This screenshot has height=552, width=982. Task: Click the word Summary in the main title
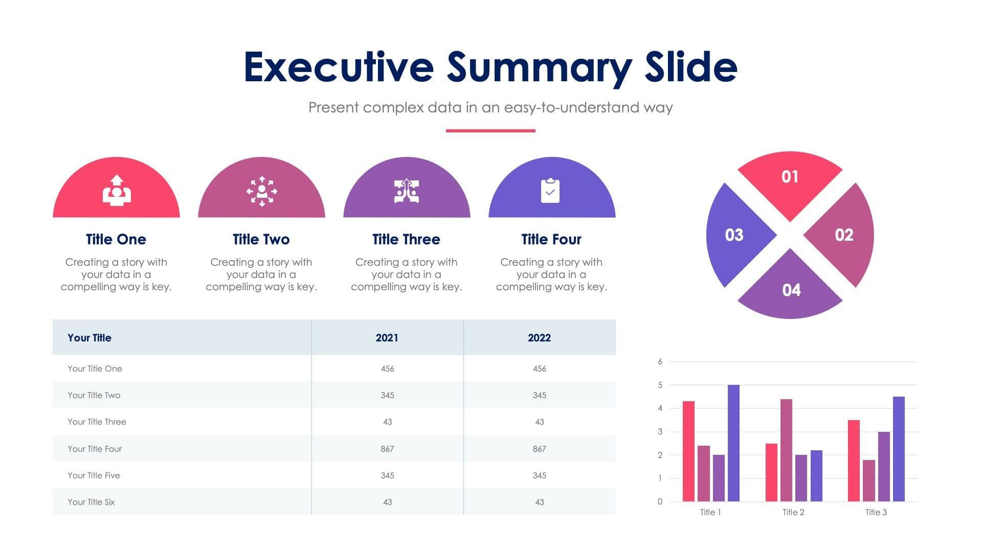540,67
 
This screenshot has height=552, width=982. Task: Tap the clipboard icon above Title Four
550,191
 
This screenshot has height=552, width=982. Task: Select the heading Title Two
261,239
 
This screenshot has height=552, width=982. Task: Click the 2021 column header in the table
387,338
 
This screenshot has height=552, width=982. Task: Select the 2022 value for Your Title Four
539,449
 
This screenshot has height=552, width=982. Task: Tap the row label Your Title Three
97,422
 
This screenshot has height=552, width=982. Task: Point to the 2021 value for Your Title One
387,369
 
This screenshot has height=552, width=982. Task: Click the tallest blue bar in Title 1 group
733,443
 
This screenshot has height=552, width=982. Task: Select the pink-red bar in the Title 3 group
854,460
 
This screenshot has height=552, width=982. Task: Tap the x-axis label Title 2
793,512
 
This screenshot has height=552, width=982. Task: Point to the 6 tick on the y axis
660,362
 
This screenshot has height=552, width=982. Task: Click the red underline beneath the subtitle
490,131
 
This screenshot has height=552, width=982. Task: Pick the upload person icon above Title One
117,191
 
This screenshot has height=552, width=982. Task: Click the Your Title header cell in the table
90,338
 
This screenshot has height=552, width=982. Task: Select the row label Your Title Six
91,502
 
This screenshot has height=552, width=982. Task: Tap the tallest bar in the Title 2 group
786,450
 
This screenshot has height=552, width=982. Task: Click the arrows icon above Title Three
407,191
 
